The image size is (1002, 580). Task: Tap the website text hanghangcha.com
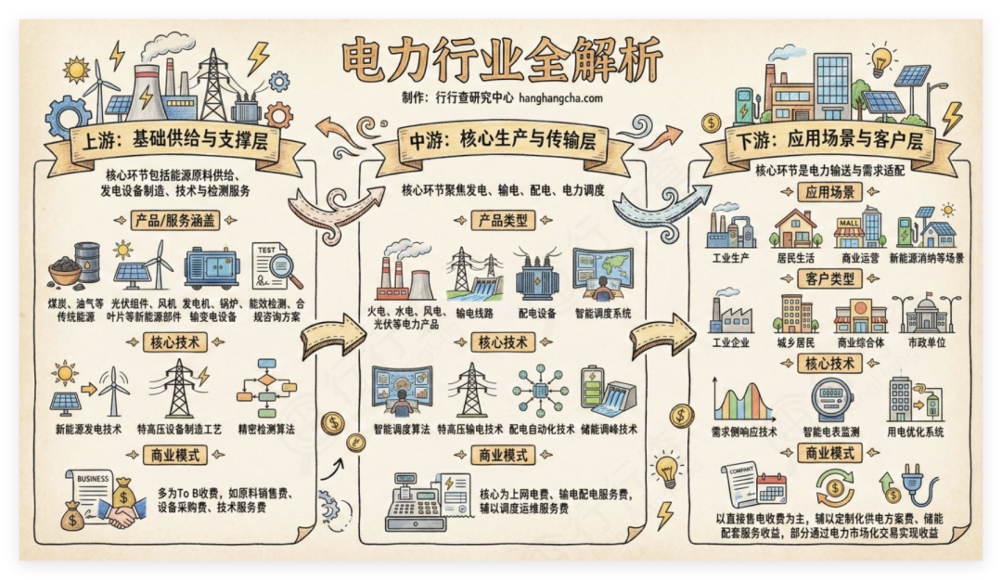point(554,97)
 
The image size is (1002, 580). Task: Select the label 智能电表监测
point(833,432)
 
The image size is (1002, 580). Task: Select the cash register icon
point(416,503)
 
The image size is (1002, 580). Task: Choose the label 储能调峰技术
point(609,429)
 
